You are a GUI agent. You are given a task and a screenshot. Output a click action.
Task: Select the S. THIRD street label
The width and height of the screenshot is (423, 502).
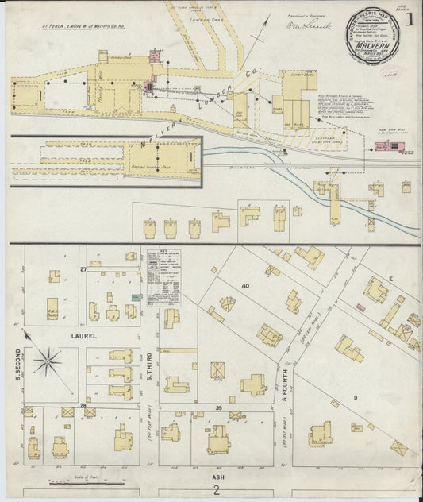tap(150, 367)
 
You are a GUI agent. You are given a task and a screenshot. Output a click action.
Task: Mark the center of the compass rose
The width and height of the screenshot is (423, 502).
tap(48, 362)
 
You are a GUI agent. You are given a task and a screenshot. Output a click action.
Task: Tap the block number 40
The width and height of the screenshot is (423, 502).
tap(246, 286)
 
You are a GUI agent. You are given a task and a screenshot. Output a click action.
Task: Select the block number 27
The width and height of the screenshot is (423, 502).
tap(83, 270)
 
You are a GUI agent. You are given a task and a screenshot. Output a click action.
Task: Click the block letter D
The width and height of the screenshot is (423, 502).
tap(356, 396)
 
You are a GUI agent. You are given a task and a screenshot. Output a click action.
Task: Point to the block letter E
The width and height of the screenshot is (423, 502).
tap(390, 279)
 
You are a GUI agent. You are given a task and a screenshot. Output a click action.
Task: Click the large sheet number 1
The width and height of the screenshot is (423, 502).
tap(410, 17)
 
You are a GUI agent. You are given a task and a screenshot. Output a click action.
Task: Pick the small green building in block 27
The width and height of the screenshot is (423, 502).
tap(137, 297)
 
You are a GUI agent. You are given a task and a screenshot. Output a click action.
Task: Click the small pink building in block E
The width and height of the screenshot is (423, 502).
tap(360, 307)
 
